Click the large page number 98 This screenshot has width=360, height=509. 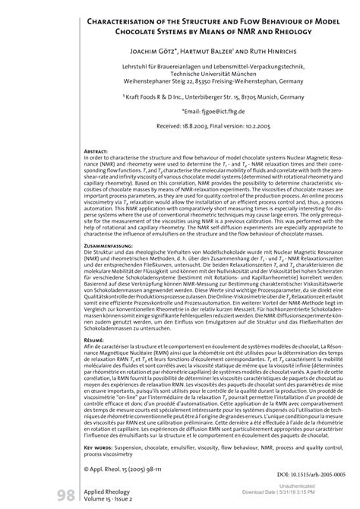point(62,498)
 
